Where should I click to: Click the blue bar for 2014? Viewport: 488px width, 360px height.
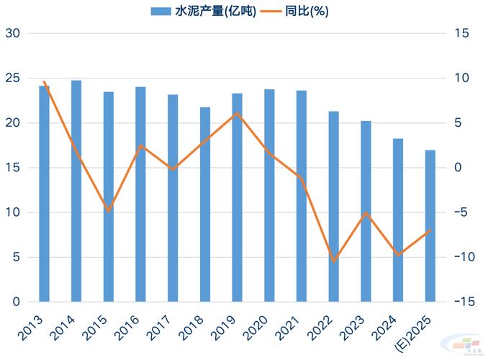tap(76, 191)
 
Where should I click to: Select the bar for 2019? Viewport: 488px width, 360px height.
tap(237, 197)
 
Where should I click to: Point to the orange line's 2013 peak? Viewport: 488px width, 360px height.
tap(45, 82)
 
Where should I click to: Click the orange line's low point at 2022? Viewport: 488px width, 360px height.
tap(333, 261)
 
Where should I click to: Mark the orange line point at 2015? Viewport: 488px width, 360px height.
tap(109, 211)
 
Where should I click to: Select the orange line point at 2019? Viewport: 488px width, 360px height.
tap(237, 114)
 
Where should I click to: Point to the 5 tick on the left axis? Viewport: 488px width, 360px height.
tap(15, 257)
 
